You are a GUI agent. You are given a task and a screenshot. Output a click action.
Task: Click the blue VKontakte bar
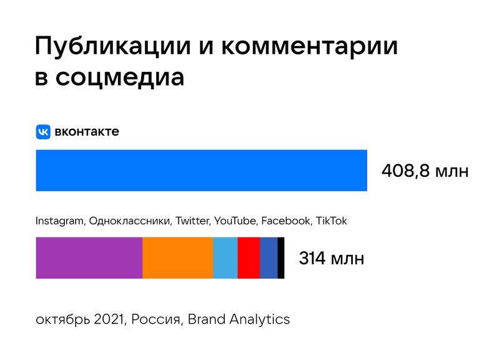point(201,170)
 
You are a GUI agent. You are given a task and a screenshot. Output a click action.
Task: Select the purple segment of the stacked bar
point(89,258)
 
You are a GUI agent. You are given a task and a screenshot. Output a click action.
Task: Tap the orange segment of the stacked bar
point(178,258)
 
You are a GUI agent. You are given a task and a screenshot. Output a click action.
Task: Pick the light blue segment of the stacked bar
point(225,258)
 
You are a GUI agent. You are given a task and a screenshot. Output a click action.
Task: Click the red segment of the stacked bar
point(249,258)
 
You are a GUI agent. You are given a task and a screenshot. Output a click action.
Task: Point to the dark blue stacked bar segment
point(269,258)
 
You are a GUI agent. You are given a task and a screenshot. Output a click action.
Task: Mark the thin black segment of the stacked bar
point(281,258)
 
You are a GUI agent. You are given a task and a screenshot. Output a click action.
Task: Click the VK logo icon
point(43,132)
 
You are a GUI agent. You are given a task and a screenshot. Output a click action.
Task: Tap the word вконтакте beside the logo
point(87,132)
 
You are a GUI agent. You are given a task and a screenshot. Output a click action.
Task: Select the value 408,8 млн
point(425,171)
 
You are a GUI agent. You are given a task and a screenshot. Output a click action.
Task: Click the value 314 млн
point(331,258)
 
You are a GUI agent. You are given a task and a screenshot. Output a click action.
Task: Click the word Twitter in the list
point(193,221)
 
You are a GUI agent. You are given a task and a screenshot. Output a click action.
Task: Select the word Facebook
point(285,221)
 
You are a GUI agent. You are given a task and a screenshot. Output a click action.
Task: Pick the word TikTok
point(331,221)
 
